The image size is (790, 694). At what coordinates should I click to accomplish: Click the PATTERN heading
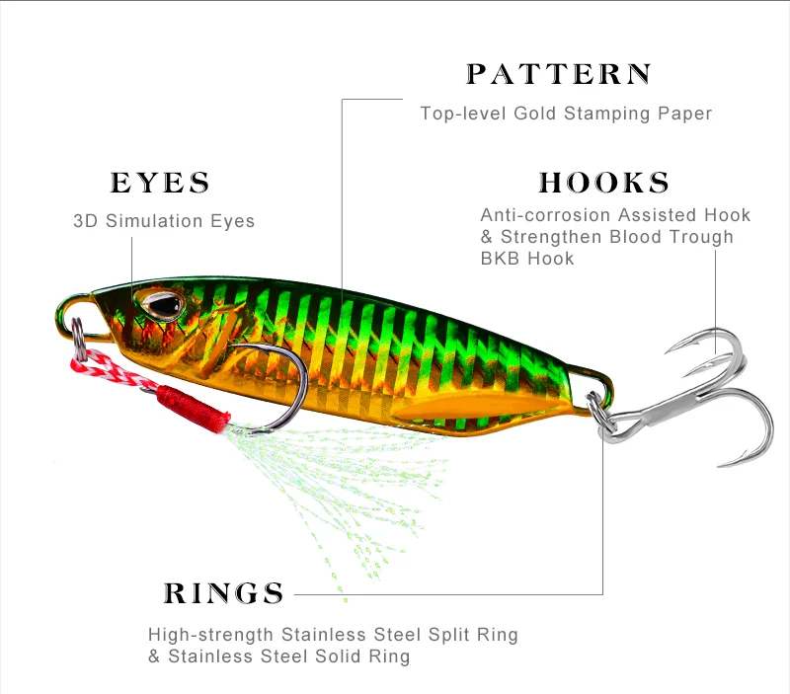(x=559, y=75)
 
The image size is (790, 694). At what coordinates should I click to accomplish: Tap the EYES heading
(x=160, y=184)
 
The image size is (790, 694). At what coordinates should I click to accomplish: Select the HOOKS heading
(x=604, y=184)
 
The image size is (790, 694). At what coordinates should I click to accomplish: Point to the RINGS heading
(x=224, y=593)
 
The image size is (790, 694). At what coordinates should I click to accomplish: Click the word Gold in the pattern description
(x=536, y=114)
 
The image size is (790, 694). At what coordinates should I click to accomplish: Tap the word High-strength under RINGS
(x=211, y=634)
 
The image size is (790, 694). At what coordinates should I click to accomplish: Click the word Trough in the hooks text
(x=699, y=237)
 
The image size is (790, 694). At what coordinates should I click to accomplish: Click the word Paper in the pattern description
(x=684, y=114)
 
